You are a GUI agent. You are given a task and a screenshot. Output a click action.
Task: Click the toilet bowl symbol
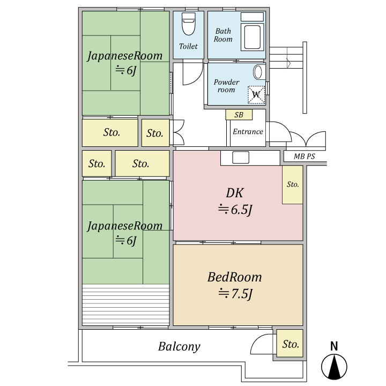click(189, 24)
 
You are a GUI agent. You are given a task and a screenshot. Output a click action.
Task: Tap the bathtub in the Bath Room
click(252, 36)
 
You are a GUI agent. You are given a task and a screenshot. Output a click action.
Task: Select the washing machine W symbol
click(256, 94)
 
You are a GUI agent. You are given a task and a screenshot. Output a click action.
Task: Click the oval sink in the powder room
click(258, 72)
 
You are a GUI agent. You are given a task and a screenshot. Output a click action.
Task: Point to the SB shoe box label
click(239, 115)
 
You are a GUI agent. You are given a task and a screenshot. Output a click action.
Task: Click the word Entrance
click(248, 132)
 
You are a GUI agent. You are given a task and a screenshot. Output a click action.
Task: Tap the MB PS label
click(305, 157)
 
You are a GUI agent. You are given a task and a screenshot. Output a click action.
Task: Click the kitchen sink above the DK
click(241, 157)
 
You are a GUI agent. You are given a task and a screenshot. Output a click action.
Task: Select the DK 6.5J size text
click(235, 210)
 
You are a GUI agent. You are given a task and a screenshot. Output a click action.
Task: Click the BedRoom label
click(234, 277)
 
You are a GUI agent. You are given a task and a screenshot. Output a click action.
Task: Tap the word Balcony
click(179, 347)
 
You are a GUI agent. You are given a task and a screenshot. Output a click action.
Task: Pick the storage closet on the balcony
click(289, 344)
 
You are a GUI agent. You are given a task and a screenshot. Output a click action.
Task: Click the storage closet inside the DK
click(293, 184)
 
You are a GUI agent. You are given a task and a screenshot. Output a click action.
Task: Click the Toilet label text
click(188, 46)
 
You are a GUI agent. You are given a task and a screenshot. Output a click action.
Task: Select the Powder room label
click(226, 86)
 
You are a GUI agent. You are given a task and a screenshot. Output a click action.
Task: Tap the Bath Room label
click(223, 35)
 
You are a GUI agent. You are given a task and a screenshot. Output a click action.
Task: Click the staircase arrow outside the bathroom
click(288, 63)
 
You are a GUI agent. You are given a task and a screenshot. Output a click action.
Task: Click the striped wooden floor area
click(125, 305)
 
